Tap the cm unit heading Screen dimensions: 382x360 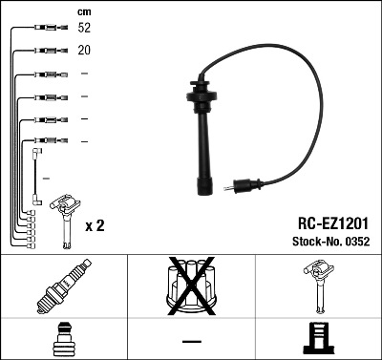(84, 11)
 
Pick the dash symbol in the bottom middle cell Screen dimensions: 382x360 (191, 340)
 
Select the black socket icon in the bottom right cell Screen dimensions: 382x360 (318, 339)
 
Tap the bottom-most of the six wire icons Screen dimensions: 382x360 (42, 142)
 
